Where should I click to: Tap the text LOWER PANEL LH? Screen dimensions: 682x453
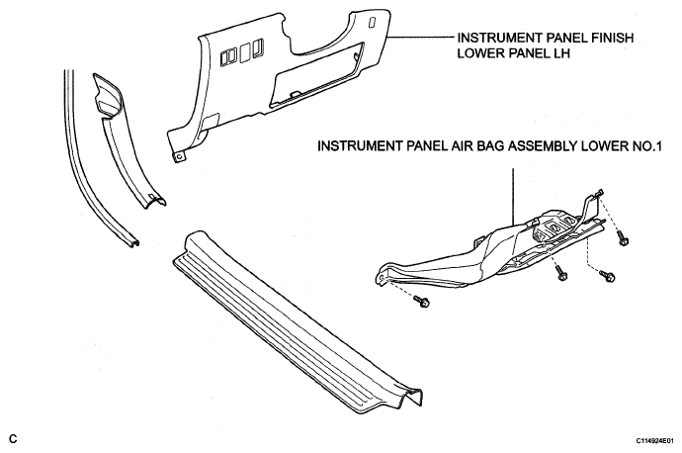tap(513, 53)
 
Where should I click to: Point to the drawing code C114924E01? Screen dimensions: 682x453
tap(656, 441)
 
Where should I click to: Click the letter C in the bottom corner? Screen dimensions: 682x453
tap(13, 438)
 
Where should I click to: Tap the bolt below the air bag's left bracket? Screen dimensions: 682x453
tap(421, 301)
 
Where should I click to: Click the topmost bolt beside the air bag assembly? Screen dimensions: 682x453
tap(623, 238)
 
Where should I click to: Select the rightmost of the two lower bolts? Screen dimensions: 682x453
tap(607, 275)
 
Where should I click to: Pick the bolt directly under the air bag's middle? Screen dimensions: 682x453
tap(561, 273)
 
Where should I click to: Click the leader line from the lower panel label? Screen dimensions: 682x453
tap(421, 38)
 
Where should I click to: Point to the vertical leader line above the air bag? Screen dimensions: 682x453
tap(513, 197)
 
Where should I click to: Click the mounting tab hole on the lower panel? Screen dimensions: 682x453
tap(178, 156)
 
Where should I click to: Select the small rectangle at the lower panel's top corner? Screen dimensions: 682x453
tap(372, 22)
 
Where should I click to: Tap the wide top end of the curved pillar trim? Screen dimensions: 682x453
tap(106, 95)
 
